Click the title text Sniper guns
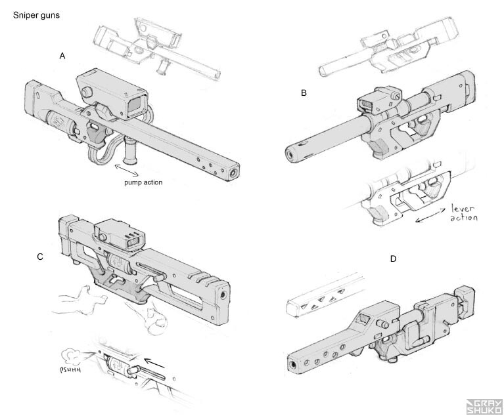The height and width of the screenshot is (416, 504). tap(37, 15)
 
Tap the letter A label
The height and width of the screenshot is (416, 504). tap(62, 56)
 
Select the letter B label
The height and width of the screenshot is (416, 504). tap(304, 93)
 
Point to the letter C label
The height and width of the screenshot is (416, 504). tap(40, 257)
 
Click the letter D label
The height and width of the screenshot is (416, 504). tap(393, 259)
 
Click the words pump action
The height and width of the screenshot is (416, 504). tap(143, 182)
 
